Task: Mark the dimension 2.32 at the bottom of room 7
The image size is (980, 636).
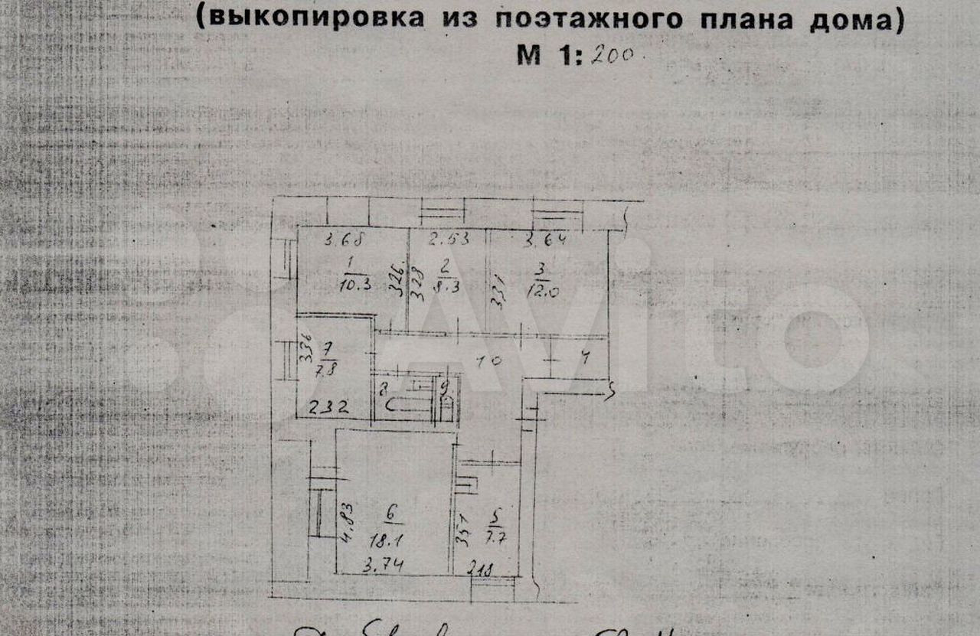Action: point(328,407)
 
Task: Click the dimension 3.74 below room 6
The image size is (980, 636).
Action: point(386,566)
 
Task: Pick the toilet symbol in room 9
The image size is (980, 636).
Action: point(446,402)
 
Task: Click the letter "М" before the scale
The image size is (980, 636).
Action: point(530,55)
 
